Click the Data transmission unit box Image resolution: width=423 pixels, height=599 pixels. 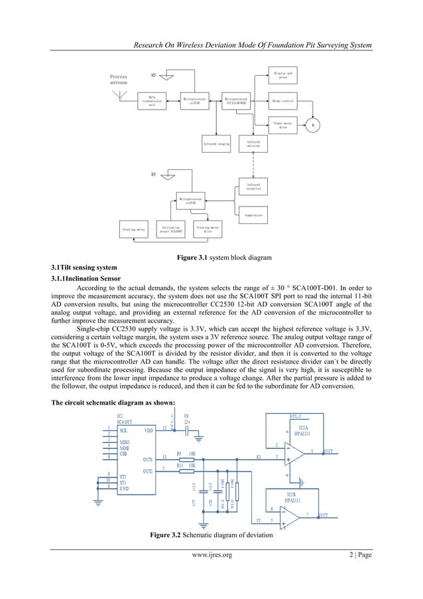coord(152,101)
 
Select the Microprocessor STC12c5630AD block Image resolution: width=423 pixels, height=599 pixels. coord(240,101)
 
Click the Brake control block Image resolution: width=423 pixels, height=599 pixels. coord(283,101)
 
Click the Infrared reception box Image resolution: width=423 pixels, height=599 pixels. coord(253,186)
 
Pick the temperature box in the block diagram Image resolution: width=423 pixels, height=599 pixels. coord(253,215)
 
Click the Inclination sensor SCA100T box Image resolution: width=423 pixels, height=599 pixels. coord(169,229)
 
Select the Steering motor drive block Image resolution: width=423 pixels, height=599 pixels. coord(208,229)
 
